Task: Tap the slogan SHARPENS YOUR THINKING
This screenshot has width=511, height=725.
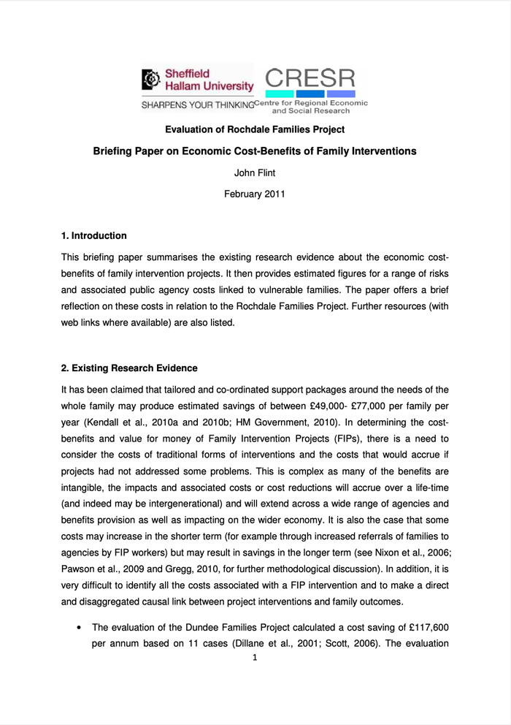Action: tap(197, 104)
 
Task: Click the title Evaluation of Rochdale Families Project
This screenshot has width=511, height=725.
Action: tap(255, 129)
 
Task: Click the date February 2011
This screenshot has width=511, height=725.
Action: tap(255, 194)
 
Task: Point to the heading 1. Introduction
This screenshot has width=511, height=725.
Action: tap(93, 235)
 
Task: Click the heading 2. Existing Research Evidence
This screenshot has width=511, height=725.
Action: tap(129, 368)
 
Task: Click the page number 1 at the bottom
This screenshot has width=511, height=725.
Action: tap(255, 658)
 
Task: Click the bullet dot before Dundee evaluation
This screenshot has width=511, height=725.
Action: tap(78, 627)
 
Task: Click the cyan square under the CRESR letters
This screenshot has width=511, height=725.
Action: tap(280, 94)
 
